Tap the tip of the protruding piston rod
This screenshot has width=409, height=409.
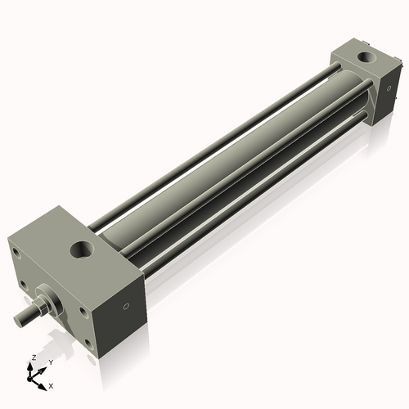[x=16, y=317]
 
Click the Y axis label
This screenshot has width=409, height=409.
[x=50, y=362]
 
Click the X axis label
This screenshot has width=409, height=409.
[x=51, y=384]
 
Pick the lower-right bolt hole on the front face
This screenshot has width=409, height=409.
[x=88, y=344]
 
